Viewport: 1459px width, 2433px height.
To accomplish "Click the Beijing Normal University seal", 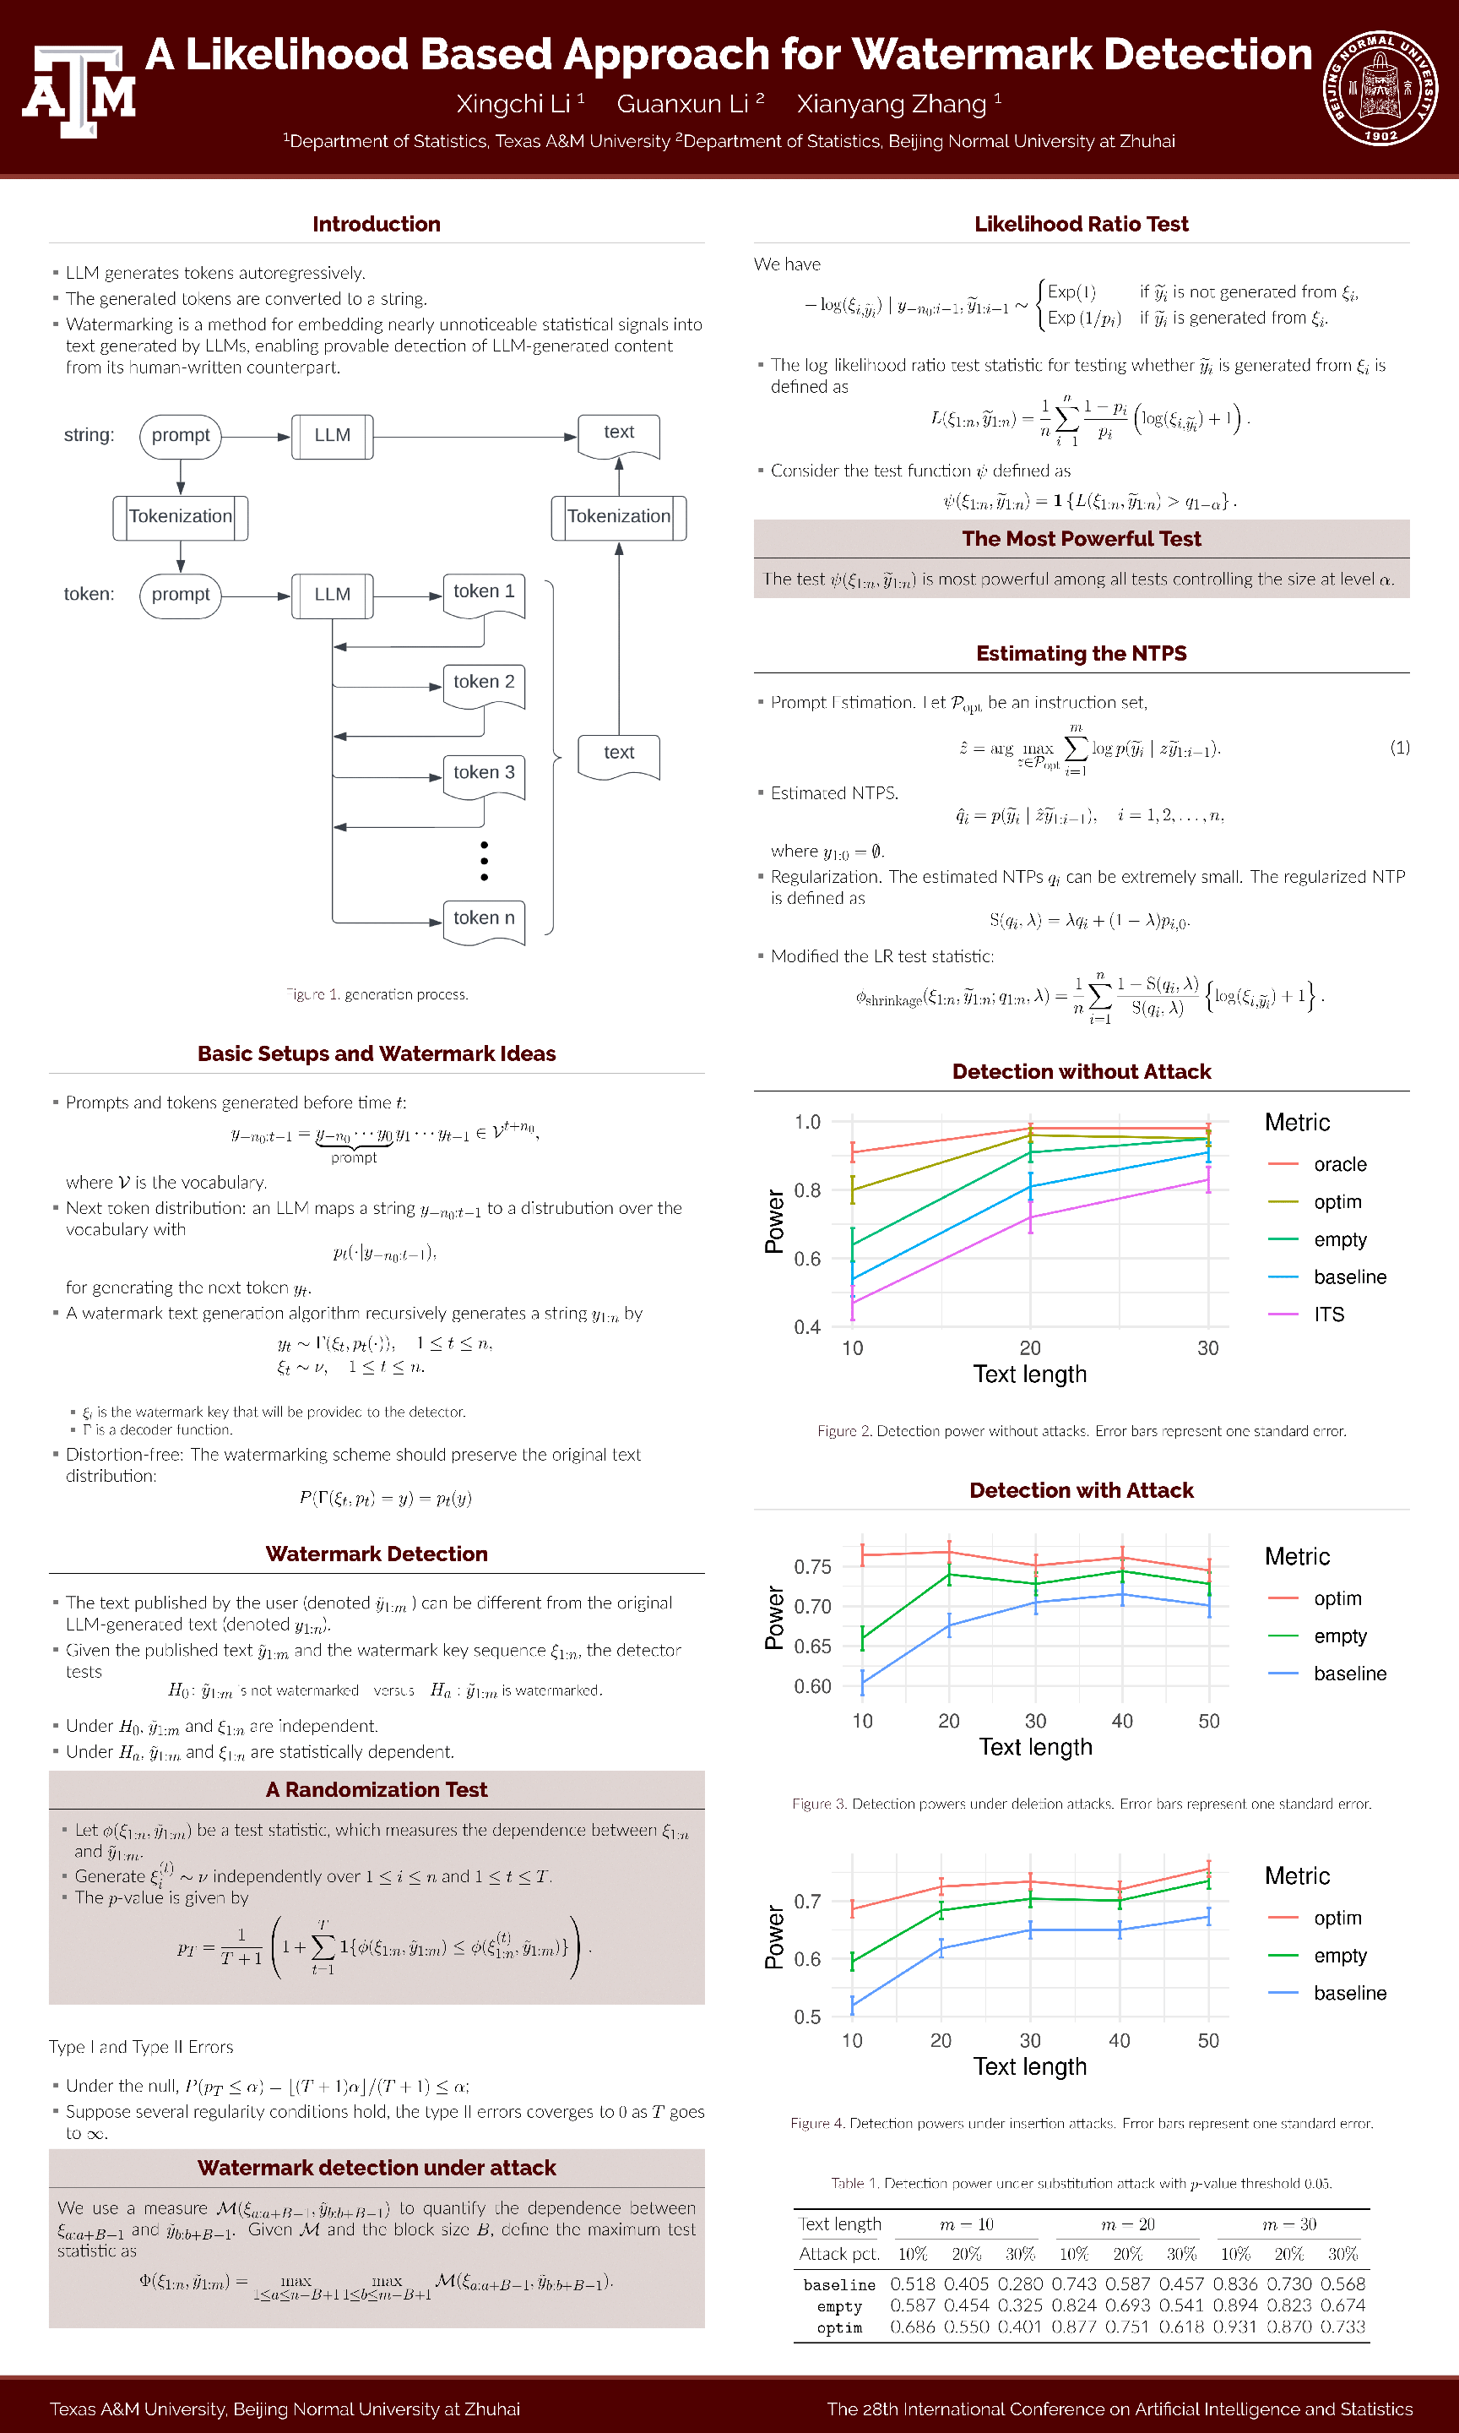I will point(1380,88).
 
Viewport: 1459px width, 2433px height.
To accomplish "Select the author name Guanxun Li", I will point(682,104).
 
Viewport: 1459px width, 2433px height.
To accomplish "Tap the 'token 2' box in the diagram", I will point(484,683).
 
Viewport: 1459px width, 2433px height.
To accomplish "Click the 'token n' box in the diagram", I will point(484,918).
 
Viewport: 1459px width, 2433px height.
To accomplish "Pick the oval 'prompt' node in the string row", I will point(180,436).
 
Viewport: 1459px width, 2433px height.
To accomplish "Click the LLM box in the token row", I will point(333,595).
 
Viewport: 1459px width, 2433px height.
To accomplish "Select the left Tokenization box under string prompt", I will point(180,516).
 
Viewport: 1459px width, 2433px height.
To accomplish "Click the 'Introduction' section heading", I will point(376,224).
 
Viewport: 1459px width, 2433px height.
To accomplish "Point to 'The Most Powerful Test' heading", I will point(1081,539).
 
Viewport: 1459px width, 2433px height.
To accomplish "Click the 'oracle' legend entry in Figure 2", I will point(1339,1164).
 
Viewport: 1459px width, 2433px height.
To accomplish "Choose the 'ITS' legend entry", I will point(1328,1314).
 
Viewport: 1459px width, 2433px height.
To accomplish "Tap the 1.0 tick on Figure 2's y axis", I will point(807,1122).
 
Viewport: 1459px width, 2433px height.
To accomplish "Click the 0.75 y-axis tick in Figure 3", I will point(812,1566).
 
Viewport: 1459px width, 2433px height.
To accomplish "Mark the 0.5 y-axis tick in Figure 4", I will point(807,2017).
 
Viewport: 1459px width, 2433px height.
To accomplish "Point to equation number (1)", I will point(1399,748).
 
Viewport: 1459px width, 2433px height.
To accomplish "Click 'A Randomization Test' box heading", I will point(376,1790).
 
